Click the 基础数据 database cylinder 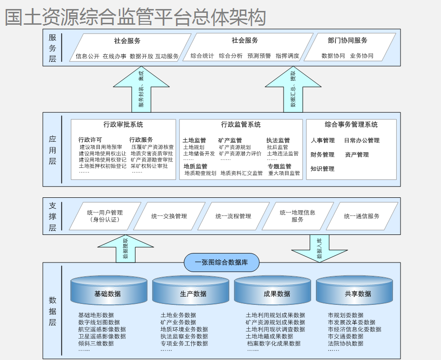click(x=109, y=291)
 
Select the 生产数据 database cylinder click(x=193, y=291)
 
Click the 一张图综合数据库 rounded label click(x=222, y=263)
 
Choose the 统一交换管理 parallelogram click(x=169, y=216)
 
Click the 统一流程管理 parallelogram click(x=233, y=216)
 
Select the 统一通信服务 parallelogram click(x=362, y=216)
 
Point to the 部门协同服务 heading click(x=347, y=41)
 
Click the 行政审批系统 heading click(x=123, y=125)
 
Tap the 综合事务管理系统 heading click(x=351, y=125)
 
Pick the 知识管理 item click(x=323, y=169)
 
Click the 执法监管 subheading click(x=278, y=140)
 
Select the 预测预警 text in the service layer click(x=259, y=56)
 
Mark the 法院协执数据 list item click(x=345, y=343)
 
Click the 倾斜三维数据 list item click(x=96, y=343)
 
